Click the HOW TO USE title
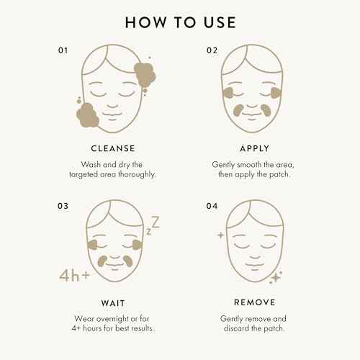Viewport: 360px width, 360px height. click(180, 22)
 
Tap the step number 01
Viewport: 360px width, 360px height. click(64, 50)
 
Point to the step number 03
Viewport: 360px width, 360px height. click(64, 205)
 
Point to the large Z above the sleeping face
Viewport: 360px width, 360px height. click(154, 222)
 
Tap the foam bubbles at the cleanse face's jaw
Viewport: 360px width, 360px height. click(86, 113)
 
